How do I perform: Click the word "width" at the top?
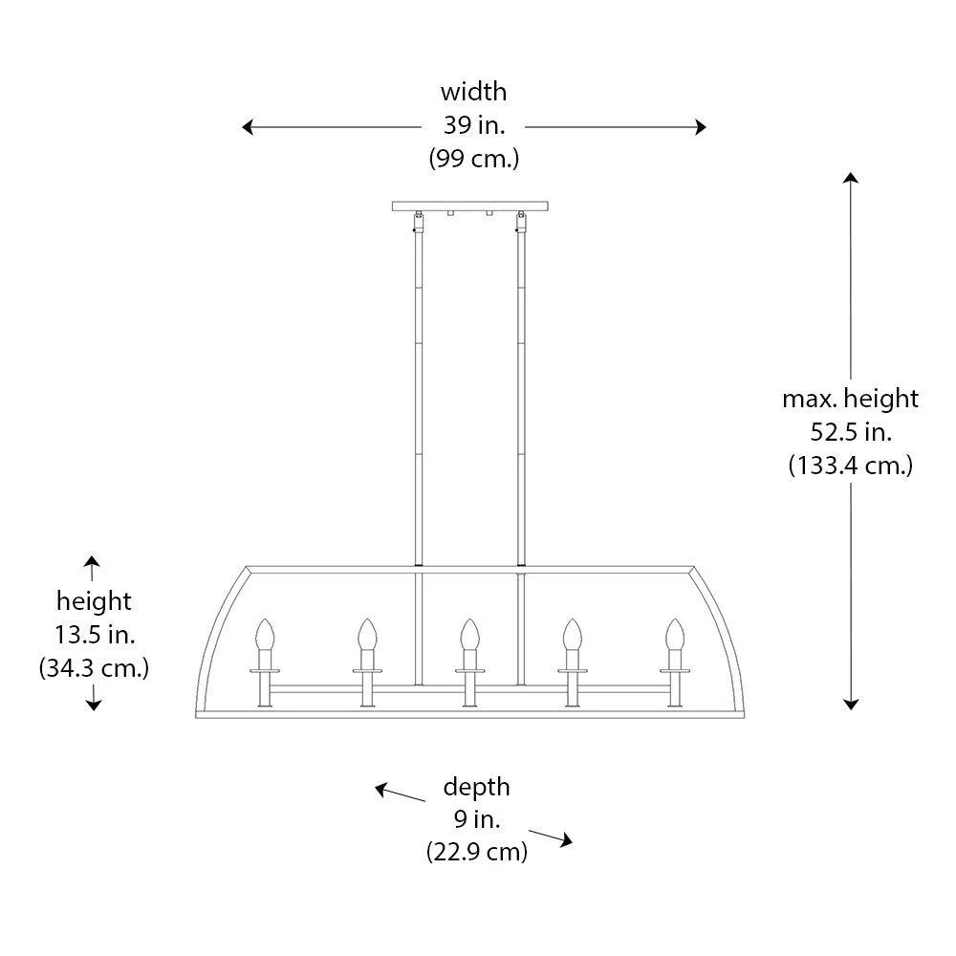(x=474, y=92)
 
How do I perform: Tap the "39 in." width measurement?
(x=474, y=125)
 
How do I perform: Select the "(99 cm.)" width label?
(x=474, y=159)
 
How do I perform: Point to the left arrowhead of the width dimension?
(x=248, y=127)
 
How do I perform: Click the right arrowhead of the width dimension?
(x=701, y=127)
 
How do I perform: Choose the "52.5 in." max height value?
(x=851, y=432)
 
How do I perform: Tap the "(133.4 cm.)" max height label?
(x=851, y=466)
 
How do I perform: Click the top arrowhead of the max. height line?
(x=851, y=178)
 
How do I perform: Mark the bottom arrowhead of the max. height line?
(x=851, y=705)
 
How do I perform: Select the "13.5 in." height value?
(x=95, y=635)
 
